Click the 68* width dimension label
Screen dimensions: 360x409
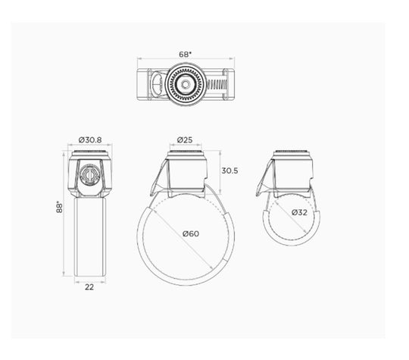coord(184,55)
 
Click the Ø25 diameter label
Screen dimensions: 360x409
coord(184,139)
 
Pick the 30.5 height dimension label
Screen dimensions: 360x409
coord(230,171)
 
